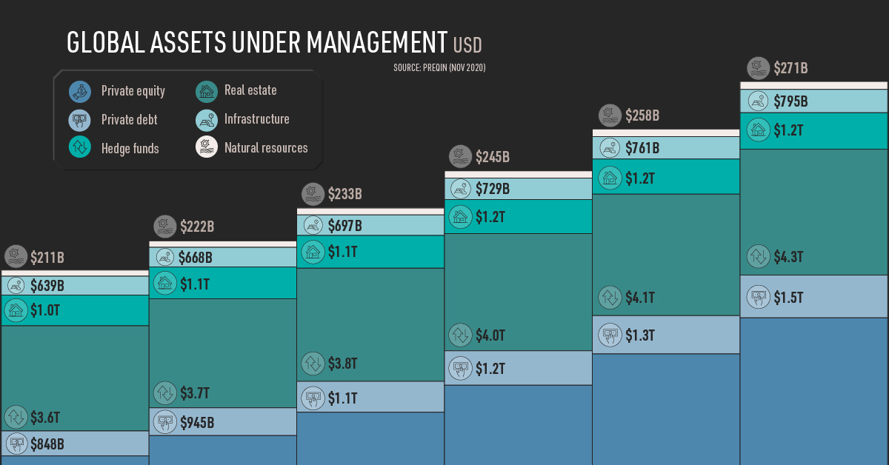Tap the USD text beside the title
467,45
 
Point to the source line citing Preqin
439,67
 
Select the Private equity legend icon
80,91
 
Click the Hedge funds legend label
130,148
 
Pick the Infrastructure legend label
256,118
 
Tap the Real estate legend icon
207,91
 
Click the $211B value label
47,258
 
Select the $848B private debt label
47,444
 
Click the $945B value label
197,423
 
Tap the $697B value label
344,225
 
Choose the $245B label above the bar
493,156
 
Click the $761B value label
641,148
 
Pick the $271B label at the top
790,68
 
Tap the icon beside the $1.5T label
758,297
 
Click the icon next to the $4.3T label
758,257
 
